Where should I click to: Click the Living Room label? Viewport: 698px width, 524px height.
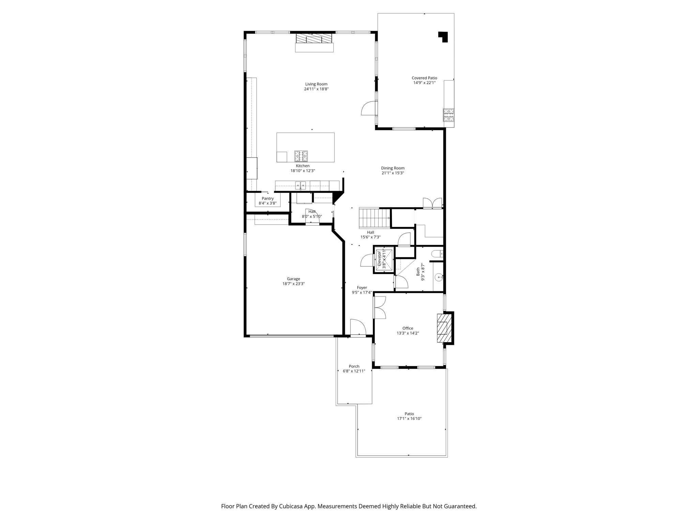316,84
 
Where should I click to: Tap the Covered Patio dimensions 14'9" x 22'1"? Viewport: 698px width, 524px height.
424,83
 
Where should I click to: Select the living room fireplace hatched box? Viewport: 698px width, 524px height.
314,38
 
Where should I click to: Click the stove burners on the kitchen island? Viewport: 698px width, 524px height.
301,156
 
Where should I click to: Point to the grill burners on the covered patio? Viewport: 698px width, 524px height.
449,115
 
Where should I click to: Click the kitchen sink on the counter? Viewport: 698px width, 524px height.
301,186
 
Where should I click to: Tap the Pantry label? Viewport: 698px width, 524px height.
268,199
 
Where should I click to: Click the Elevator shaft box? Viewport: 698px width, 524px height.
384,260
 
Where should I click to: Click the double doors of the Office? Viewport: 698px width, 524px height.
379,307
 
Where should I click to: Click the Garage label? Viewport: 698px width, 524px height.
293,279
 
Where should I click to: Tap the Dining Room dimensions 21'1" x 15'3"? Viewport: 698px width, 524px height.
393,173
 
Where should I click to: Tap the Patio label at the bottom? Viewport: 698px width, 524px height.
409,414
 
